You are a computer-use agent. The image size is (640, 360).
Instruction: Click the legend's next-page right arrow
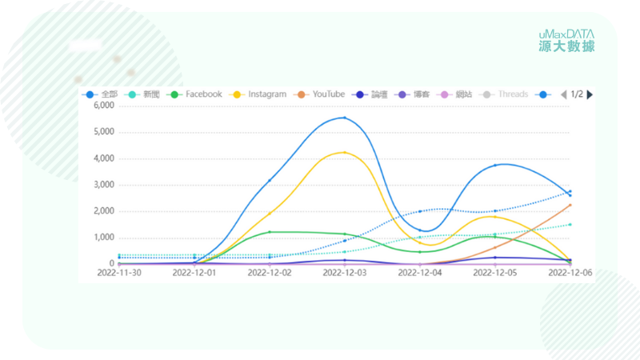tap(590, 94)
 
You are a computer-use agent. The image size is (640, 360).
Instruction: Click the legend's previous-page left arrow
tap(563, 94)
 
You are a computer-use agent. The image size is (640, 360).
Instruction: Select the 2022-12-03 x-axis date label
tap(345, 273)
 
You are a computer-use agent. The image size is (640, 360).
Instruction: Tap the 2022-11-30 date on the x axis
tap(119, 273)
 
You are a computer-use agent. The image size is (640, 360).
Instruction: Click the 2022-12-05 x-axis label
tap(495, 273)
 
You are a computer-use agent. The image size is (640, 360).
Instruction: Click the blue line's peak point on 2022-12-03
tap(345, 118)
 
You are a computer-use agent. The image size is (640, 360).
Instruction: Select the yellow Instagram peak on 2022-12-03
tap(345, 152)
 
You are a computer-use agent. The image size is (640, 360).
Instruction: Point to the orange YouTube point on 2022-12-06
tap(570, 205)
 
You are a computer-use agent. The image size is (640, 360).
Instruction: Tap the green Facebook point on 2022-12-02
tap(270, 232)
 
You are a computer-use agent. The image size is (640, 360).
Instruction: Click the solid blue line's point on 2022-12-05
tap(495, 165)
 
